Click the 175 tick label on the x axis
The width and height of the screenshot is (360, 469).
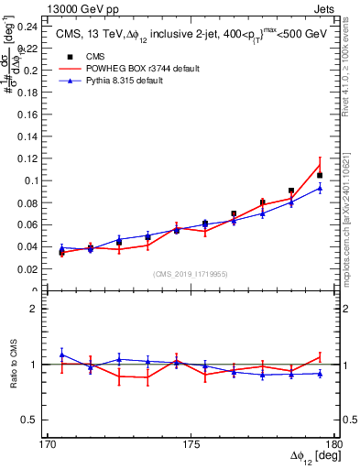point(191,444)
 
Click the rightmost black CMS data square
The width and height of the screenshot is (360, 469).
point(320,175)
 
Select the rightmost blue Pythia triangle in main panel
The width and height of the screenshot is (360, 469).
point(320,188)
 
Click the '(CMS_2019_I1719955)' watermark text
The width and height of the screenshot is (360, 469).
point(191,273)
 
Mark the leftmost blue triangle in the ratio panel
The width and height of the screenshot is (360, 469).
point(61,354)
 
